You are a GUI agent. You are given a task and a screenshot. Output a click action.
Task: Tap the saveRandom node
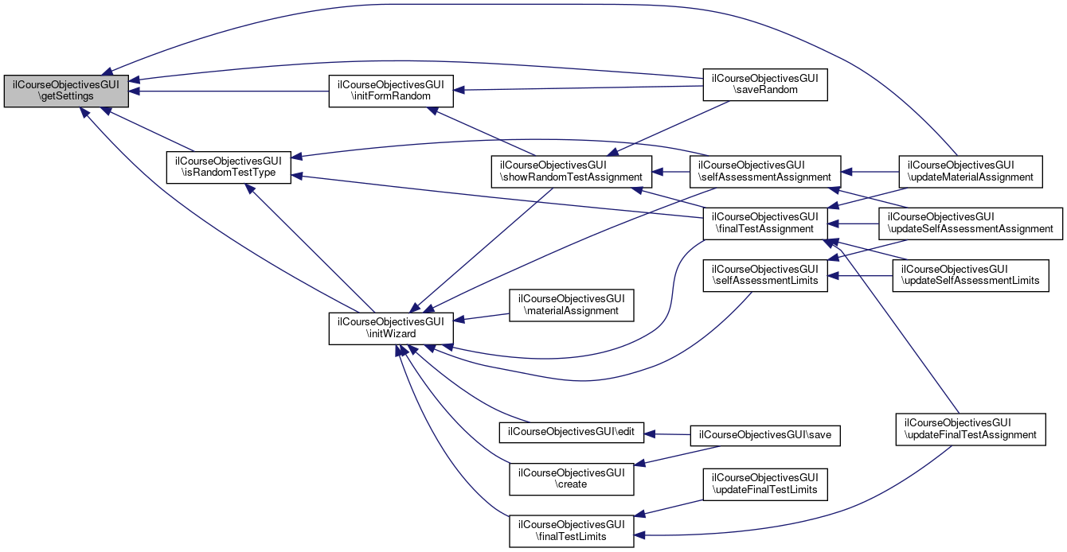coord(764,84)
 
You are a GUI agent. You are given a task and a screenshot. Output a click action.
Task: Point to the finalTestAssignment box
coord(764,223)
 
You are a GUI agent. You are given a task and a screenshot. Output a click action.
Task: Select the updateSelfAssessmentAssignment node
coord(970,223)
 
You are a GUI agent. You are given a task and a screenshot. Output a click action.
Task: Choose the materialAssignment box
coord(571,305)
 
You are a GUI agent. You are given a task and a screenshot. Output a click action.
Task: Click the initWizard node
coord(391,328)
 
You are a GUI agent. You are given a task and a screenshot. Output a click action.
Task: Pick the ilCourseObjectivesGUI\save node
coord(764,435)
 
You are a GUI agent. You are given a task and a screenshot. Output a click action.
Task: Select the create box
coord(571,478)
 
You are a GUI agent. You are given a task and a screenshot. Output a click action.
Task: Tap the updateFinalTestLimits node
coord(764,484)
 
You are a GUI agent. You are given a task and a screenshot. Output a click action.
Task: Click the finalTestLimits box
coord(571,530)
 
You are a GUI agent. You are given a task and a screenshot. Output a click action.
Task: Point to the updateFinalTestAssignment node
coord(970,429)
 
